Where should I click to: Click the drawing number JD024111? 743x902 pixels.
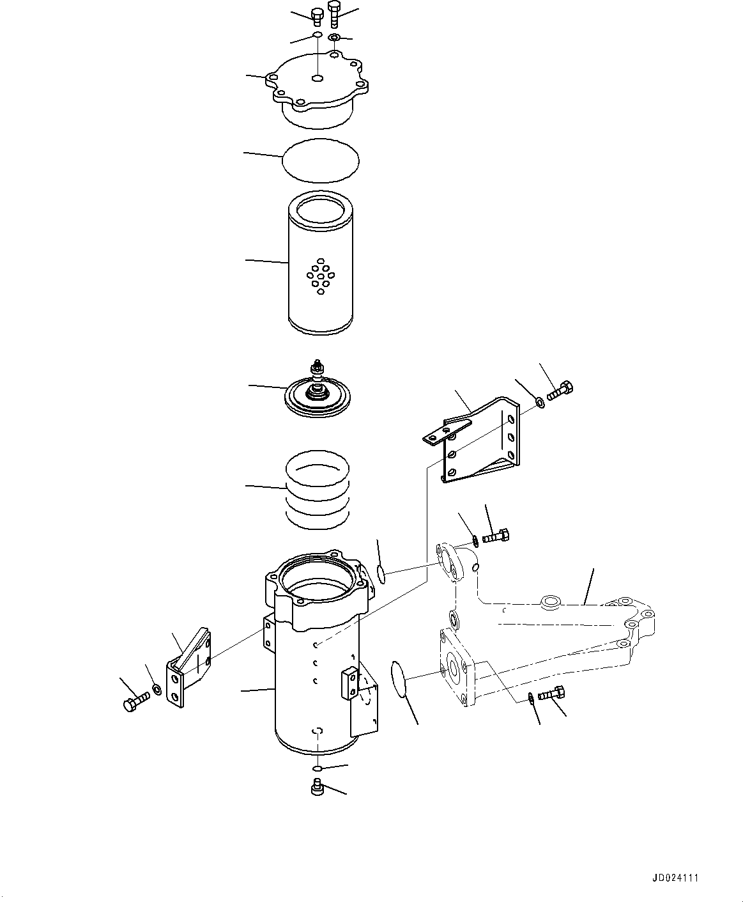click(x=675, y=878)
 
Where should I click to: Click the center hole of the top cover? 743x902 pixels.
click(x=318, y=78)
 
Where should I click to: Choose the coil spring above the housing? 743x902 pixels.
click(x=318, y=489)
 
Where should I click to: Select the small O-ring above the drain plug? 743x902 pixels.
click(x=318, y=767)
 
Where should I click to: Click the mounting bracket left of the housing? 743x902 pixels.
click(x=189, y=671)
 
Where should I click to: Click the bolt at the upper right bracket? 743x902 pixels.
click(x=560, y=390)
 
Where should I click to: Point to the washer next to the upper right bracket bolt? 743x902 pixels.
click(x=540, y=402)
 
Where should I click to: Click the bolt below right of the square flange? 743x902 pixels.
click(x=551, y=694)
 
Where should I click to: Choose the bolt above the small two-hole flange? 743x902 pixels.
click(x=495, y=536)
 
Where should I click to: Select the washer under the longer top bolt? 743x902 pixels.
click(x=333, y=38)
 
